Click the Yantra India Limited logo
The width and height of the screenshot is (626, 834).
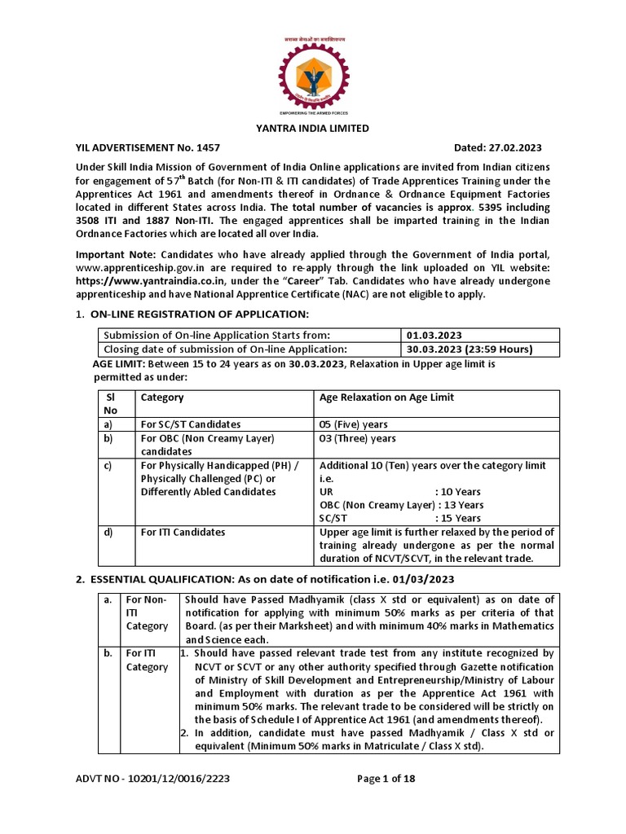[313, 72]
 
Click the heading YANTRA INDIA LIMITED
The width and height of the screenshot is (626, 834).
[313, 129]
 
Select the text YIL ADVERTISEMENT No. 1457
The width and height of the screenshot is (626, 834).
[138, 147]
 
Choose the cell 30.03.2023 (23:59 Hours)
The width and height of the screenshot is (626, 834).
[469, 349]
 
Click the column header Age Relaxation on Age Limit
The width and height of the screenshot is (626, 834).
[386, 397]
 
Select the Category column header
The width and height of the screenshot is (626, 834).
[162, 397]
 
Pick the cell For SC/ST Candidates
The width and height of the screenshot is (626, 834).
[191, 424]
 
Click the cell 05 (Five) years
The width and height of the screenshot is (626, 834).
[354, 424]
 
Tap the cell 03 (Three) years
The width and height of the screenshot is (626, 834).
[357, 438]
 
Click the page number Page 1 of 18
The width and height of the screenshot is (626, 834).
[386, 778]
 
